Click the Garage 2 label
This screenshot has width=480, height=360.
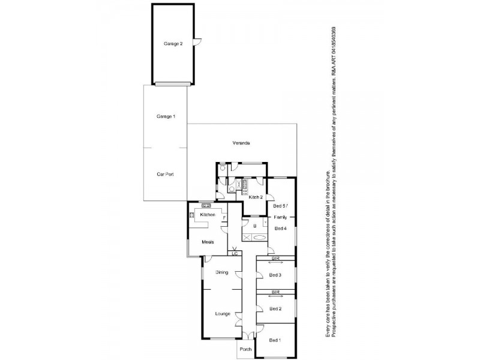point(173,44)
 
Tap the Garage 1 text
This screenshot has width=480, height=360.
point(166,116)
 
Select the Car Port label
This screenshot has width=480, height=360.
point(166,174)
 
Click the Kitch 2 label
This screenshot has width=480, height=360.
point(256,197)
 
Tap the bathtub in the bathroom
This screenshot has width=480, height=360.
point(260,238)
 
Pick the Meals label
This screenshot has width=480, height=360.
point(208,242)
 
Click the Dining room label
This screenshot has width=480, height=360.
point(221,272)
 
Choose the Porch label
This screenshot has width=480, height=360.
point(245,349)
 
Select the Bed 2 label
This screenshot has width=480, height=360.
point(275,309)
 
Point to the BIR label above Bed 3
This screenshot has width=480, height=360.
point(275,259)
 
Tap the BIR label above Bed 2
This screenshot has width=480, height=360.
point(275,292)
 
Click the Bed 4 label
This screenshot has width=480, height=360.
point(280,228)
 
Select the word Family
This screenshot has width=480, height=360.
point(280,217)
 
